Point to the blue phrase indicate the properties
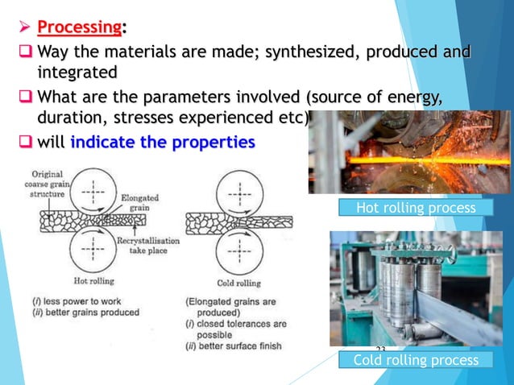(163, 143)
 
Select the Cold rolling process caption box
(416, 360)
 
